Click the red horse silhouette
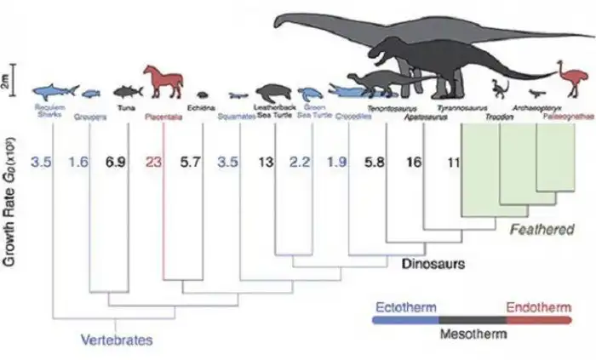click(x=163, y=82)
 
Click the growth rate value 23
click(x=154, y=163)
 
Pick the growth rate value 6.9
click(x=115, y=162)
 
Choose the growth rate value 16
click(x=415, y=162)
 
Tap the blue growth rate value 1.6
click(x=78, y=162)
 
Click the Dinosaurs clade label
click(x=433, y=265)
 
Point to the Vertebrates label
click(x=117, y=340)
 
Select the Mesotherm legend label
click(x=473, y=334)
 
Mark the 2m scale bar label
click(x=6, y=82)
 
